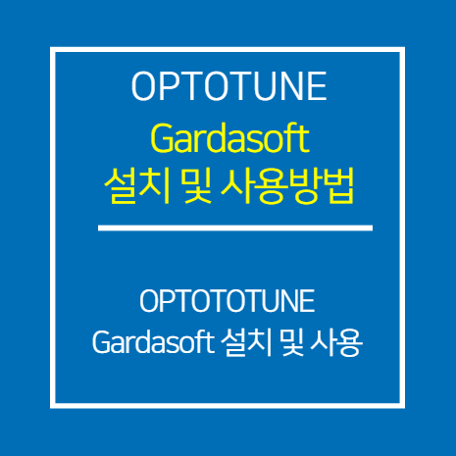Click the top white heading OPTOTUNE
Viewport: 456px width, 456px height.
tap(228, 86)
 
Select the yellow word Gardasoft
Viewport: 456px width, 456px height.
tap(229, 138)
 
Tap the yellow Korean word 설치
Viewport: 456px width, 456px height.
tap(137, 186)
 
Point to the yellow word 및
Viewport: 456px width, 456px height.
tap(198, 186)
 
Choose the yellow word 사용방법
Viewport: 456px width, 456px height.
tap(287, 186)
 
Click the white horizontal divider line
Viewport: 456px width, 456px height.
tap(235, 228)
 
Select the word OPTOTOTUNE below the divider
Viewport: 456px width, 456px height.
tap(228, 301)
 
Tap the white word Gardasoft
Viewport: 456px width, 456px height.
tap(153, 342)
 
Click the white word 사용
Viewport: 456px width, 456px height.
tap(336, 342)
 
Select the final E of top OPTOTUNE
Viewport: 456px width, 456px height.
tap(318, 86)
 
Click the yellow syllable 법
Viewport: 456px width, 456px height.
tap(338, 186)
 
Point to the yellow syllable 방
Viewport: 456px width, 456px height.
tap(305, 186)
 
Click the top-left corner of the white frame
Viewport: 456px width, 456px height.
tap(52, 49)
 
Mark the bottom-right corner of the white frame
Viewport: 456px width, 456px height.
tap(402, 406)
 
